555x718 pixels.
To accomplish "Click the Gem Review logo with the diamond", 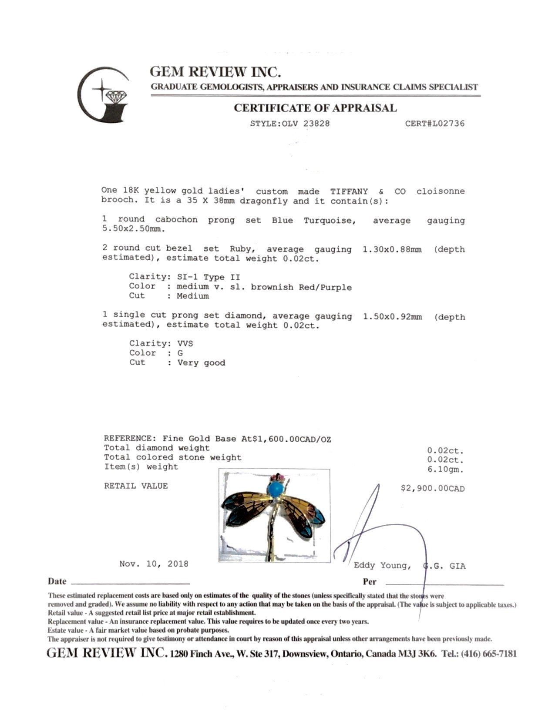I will [103, 94].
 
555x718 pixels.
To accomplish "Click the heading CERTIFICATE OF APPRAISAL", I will [315, 108].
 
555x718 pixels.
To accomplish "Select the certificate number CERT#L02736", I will [434, 124].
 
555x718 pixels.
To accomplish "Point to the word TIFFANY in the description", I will [349, 191].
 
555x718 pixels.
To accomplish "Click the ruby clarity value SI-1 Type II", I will [208, 277].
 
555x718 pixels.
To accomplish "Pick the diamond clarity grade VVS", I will [185, 343].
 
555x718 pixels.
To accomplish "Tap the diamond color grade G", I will [180, 353].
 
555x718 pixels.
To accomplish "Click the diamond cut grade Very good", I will [201, 363].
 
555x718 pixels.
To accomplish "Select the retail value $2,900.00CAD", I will [432, 488].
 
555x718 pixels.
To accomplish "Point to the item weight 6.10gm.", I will [446, 470].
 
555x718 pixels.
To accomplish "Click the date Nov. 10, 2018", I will [154, 564].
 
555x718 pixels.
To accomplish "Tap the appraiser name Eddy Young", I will [382, 565].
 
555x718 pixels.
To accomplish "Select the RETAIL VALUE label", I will [136, 486].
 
